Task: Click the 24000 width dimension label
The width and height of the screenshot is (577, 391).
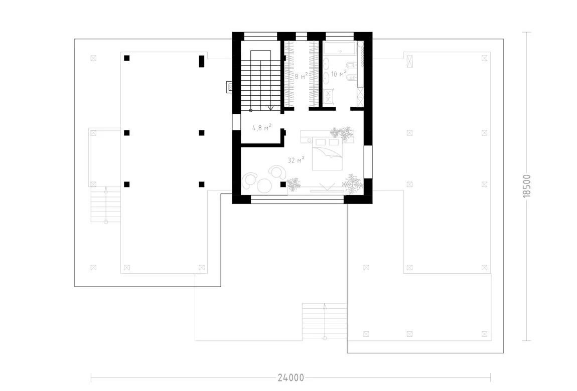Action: (x=291, y=378)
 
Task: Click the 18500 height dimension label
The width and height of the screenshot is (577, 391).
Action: (x=527, y=186)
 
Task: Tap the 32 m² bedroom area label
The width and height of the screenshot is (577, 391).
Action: (x=296, y=160)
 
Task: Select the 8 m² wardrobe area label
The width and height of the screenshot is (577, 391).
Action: (x=301, y=76)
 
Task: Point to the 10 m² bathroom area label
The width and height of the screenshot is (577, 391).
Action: (x=339, y=74)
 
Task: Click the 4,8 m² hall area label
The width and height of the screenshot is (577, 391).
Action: (x=261, y=127)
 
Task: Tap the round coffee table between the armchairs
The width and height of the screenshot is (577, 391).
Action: (x=264, y=185)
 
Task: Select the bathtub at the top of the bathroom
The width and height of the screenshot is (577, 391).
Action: (x=340, y=48)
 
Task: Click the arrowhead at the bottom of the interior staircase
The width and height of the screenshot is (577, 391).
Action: (x=271, y=108)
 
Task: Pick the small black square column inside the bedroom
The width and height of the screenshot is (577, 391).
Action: (x=283, y=184)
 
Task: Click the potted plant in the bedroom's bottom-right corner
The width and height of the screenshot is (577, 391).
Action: (x=353, y=184)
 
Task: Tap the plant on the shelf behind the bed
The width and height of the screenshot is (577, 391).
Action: (x=342, y=133)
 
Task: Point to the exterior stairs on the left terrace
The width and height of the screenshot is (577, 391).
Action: (x=105, y=205)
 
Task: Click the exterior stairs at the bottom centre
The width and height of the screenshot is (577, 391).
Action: (x=324, y=321)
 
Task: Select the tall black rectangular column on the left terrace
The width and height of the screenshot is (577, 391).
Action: (x=201, y=61)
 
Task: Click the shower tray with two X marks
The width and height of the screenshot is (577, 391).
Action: (x=328, y=96)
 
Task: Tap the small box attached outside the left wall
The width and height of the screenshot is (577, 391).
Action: (x=229, y=87)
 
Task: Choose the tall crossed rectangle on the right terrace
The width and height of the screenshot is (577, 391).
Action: (x=409, y=61)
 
